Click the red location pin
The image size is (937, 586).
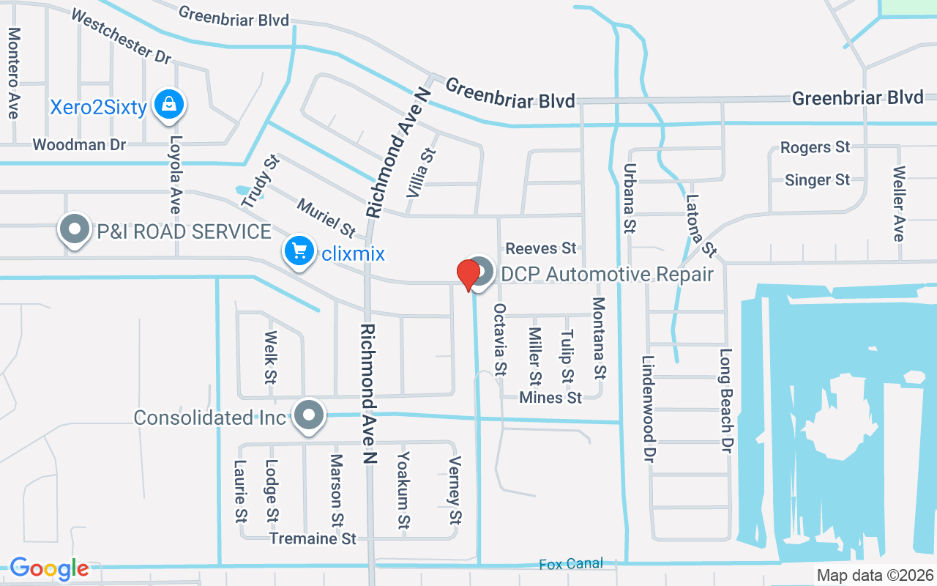tap(468, 275)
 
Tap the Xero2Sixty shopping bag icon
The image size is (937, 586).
tap(169, 105)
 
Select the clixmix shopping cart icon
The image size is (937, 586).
tap(299, 252)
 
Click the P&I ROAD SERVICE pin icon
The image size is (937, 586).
tap(74, 230)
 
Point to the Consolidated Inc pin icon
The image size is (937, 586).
tap(310, 416)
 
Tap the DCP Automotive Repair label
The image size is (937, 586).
tap(607, 275)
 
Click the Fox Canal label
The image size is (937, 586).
tap(571, 564)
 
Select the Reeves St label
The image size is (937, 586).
tap(541, 248)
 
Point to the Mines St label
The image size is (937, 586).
tap(550, 398)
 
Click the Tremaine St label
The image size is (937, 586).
tap(313, 538)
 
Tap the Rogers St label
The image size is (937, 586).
tap(815, 147)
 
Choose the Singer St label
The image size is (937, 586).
tap(817, 179)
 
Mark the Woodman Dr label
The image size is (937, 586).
tap(79, 144)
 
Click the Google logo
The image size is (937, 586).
tap(49, 568)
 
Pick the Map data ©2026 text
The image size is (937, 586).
tap(874, 576)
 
